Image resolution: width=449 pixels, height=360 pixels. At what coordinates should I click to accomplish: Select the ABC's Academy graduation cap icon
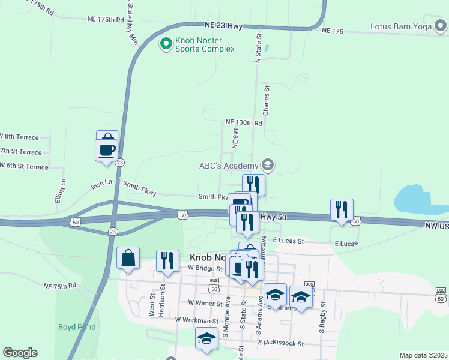point(267,165)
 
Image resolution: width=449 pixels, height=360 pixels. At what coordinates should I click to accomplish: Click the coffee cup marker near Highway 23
point(106,149)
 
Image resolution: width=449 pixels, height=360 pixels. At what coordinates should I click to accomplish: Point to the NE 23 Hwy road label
point(223,26)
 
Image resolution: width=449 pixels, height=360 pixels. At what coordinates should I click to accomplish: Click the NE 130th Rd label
point(244,122)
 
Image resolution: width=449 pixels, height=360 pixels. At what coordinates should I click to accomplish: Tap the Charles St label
point(267,100)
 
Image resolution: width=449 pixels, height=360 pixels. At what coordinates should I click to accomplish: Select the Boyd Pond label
point(77,327)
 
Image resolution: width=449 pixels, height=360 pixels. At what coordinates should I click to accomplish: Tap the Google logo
point(20,353)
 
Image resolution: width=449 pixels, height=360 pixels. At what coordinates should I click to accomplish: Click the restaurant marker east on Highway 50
point(342,210)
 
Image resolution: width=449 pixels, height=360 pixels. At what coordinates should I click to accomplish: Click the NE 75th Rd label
point(59,286)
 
